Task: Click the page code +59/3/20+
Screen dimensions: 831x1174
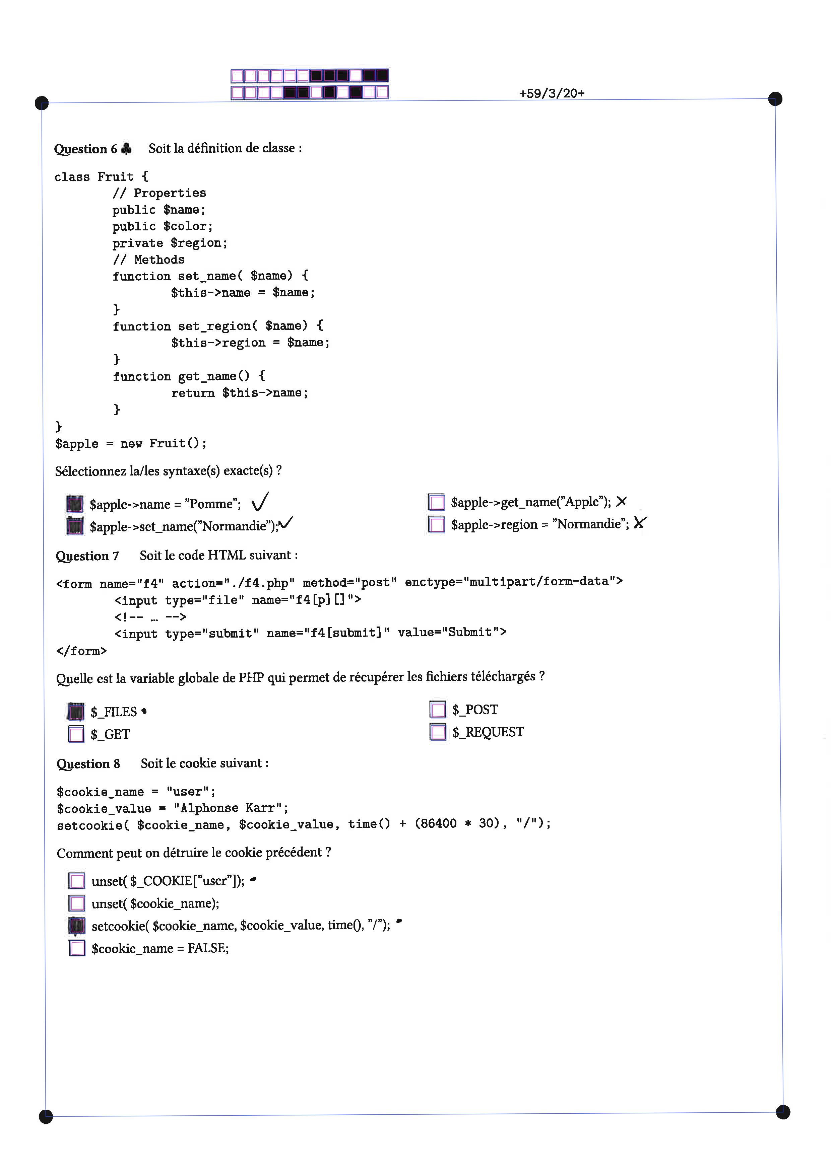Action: [552, 93]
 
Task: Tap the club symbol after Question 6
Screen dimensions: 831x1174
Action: [126, 148]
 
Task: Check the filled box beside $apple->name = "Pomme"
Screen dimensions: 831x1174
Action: [75, 504]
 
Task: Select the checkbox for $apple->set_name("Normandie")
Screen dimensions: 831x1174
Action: [75, 526]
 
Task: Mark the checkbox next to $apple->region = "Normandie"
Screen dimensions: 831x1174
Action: [436, 524]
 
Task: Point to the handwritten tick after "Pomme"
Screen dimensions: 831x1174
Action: [260, 502]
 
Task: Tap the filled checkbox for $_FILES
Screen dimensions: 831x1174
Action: [76, 711]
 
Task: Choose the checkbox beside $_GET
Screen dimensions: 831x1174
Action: [76, 734]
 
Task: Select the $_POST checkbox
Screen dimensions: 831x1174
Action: [438, 709]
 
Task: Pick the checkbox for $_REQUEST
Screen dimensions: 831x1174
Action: [438, 732]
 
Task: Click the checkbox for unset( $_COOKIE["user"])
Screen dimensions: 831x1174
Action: [77, 881]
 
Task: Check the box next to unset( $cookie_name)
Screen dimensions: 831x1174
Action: [77, 903]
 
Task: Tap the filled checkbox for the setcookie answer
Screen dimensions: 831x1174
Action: [77, 926]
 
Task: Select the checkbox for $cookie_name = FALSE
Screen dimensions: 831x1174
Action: [77, 948]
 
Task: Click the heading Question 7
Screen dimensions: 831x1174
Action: [87, 556]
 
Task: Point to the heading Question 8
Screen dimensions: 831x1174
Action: [88, 764]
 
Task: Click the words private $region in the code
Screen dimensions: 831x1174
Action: [170, 243]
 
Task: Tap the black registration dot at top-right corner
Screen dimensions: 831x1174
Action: [775, 99]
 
